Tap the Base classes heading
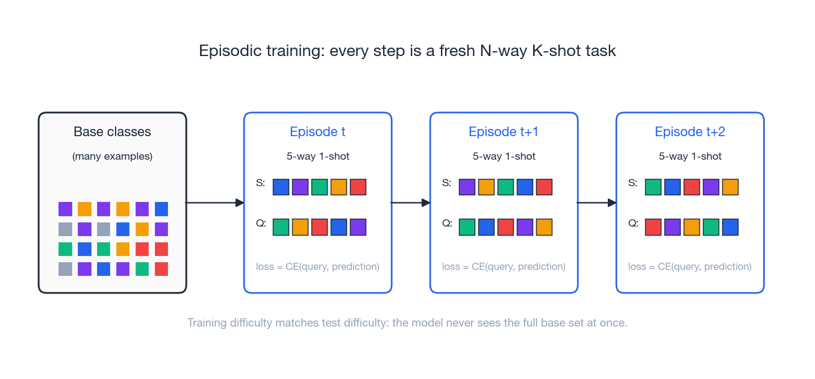pos(112,131)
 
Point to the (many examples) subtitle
pos(112,156)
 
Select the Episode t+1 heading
pos(504,131)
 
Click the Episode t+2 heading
pos(690,131)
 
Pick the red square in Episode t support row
pos(358,187)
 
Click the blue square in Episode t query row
pos(339,227)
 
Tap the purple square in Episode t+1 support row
pos(467,187)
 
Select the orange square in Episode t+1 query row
pos(544,227)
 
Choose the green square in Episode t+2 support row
pos(653,187)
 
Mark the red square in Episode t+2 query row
pos(653,227)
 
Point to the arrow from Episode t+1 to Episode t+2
pos(596,203)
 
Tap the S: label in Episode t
pos(260,183)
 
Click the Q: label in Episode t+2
pos(632,223)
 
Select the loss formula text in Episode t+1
pos(504,266)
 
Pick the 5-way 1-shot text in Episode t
pos(317,156)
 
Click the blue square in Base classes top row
pos(161,209)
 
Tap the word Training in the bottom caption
pos(207,322)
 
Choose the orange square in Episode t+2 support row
pos(730,187)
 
